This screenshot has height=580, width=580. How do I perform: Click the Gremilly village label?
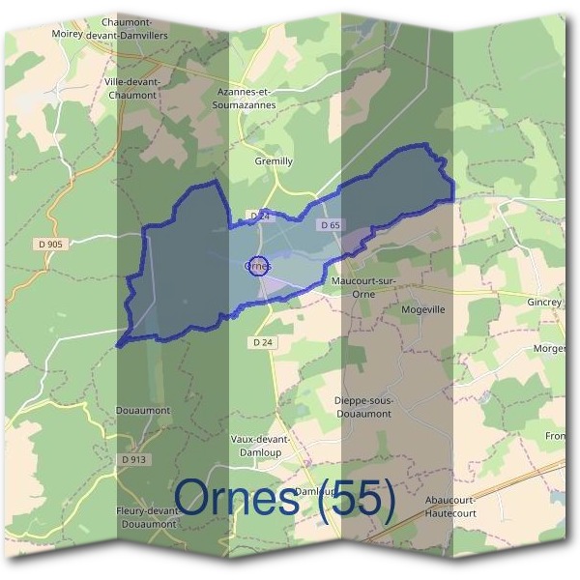[x=272, y=161]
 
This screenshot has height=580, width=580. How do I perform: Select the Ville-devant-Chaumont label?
[x=132, y=89]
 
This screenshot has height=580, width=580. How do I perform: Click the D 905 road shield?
[x=48, y=246]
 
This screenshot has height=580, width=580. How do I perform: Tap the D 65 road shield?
[x=329, y=225]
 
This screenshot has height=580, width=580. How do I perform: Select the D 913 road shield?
[x=134, y=459]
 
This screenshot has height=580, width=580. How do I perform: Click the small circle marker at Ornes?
[x=257, y=265]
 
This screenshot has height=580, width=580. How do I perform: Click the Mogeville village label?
[x=422, y=311]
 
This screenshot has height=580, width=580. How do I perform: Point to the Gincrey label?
[x=544, y=303]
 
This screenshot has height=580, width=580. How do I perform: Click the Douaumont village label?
[x=142, y=410]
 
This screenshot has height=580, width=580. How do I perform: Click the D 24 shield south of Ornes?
[x=261, y=342]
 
